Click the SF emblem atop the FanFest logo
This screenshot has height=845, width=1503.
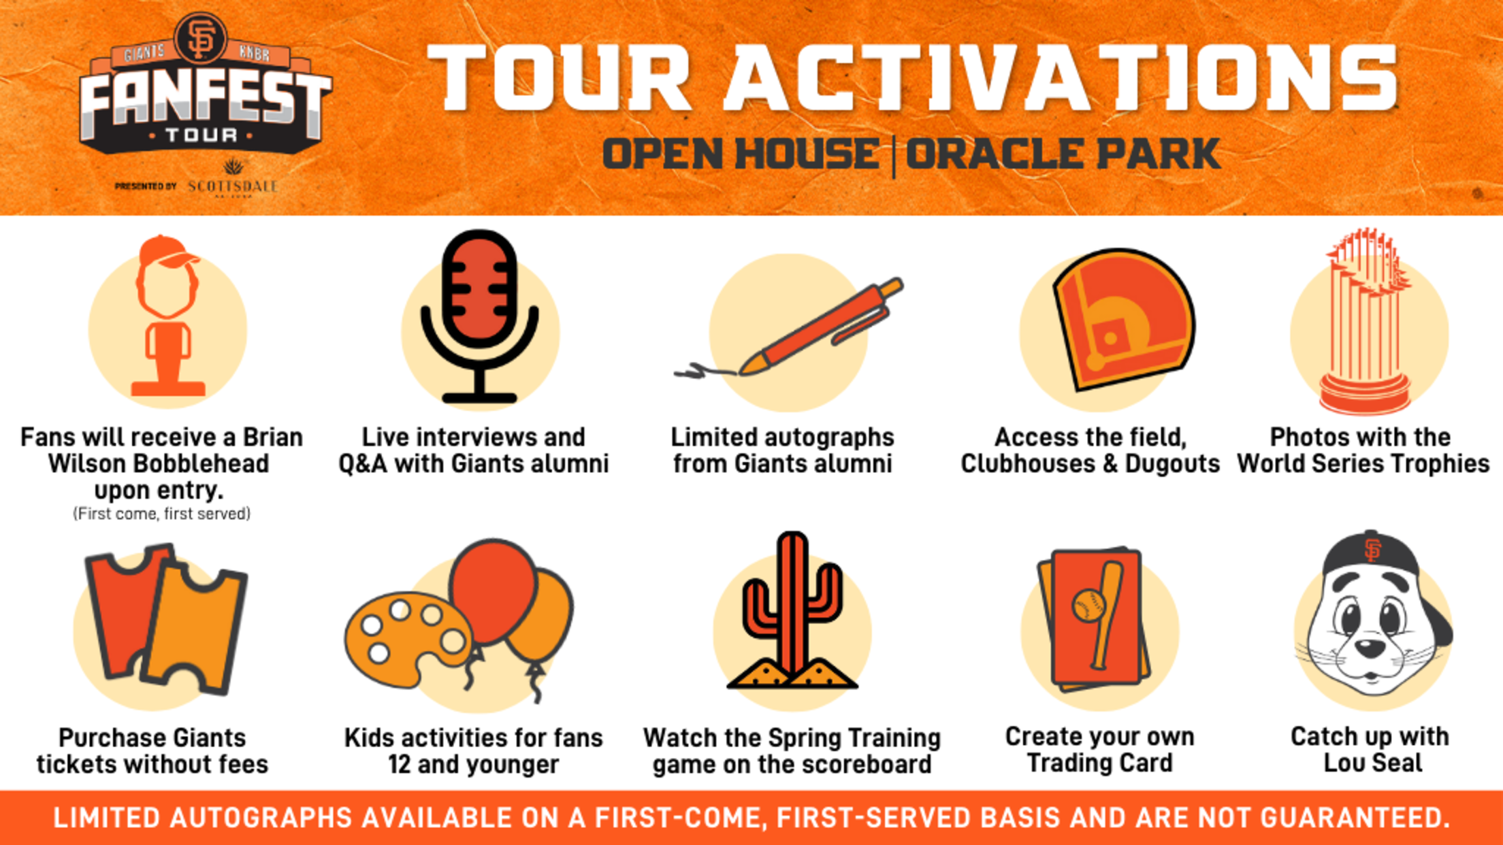point(200,39)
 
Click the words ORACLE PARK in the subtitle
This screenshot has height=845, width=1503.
point(1062,154)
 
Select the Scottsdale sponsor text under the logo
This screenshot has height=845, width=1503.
point(233,186)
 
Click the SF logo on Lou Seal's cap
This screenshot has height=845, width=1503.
point(1373,550)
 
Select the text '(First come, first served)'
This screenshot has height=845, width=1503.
point(161,514)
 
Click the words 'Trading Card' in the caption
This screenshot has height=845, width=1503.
point(1099,763)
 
